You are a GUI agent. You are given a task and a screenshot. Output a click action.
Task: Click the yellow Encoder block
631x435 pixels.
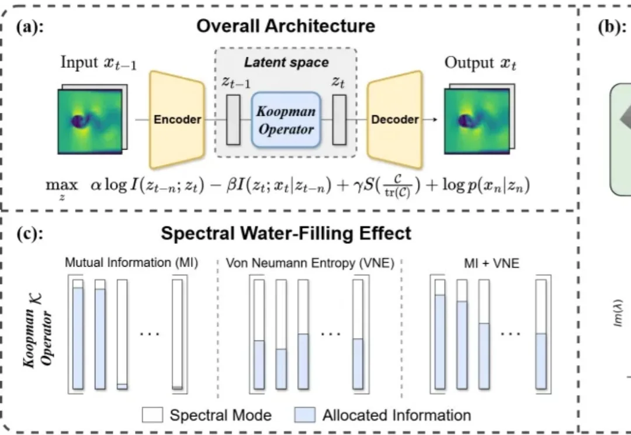tap(177, 119)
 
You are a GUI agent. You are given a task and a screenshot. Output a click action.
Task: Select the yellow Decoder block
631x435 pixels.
tap(395, 119)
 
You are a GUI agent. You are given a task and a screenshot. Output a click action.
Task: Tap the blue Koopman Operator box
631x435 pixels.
tap(286, 120)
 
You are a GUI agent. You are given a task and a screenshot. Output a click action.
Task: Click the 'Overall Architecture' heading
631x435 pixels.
tap(286, 26)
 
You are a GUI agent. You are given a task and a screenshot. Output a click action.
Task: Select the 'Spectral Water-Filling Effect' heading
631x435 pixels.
tap(286, 234)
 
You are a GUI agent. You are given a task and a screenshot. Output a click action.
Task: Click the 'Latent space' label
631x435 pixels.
tap(286, 62)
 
